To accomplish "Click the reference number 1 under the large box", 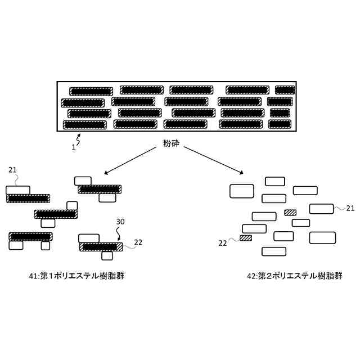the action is coord(73,147).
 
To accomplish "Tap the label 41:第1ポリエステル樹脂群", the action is coord(76,276).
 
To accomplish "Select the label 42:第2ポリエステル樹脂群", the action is coord(294,276).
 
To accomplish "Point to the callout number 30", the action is coord(120,222).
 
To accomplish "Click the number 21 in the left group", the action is coord(13,169).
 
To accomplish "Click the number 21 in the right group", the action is coord(350,208).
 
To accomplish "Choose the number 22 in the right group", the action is coord(223,242).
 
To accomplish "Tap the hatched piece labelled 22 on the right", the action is coord(245,238).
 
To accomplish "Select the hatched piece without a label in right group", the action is coord(290,212).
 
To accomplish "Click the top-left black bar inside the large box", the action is coord(91,91).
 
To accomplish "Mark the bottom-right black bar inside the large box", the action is coord(280,123).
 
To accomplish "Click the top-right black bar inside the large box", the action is coord(285,90).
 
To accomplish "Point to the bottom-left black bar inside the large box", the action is coord(84,124).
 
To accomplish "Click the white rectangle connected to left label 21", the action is coord(18,190).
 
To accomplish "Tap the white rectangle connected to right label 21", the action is coord(322,209).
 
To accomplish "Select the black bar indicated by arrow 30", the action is coord(100,246).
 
